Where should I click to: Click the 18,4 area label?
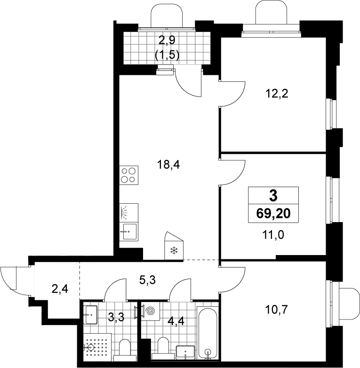168,165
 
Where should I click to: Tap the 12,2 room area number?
277,94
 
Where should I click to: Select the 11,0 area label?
273,234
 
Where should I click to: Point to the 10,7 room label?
276,310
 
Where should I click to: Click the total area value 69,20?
273,214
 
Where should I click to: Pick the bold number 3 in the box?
273,196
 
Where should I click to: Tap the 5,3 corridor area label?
147,280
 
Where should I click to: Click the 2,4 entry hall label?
60,288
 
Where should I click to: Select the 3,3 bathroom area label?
116,317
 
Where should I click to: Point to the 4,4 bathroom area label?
176,321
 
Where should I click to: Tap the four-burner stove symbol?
128,175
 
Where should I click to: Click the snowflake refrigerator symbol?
174,250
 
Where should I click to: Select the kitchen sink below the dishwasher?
128,232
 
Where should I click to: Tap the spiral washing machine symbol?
151,311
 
